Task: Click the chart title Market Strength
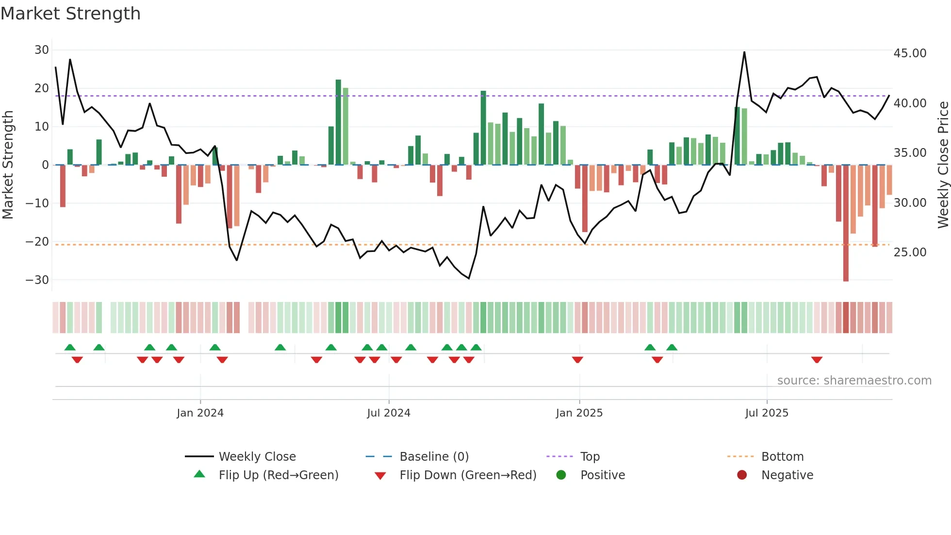click(70, 14)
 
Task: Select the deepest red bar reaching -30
click(846, 223)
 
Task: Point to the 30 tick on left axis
click(42, 50)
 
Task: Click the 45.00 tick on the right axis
click(910, 53)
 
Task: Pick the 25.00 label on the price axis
click(910, 252)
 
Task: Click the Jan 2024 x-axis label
click(200, 413)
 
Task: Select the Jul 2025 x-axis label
click(767, 413)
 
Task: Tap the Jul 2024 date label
click(389, 413)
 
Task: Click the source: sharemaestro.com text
click(854, 381)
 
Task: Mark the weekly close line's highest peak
click(744, 52)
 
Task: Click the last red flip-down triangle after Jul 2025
click(817, 360)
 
